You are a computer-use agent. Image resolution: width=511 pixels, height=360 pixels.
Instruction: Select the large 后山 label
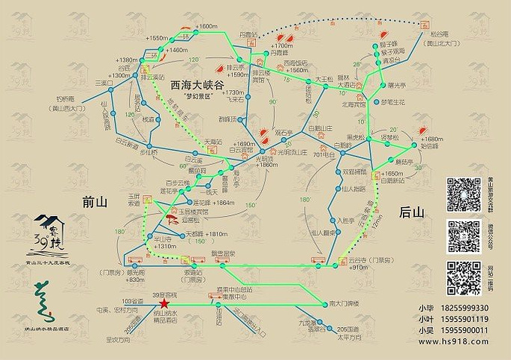412,212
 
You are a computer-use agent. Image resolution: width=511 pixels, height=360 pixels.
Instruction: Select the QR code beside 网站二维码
462,277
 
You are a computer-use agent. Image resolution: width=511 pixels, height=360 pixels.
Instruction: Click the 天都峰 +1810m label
203,235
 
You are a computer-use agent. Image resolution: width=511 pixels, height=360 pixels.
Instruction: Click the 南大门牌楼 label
345,304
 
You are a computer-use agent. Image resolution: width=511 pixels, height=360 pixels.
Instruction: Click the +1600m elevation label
206,27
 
